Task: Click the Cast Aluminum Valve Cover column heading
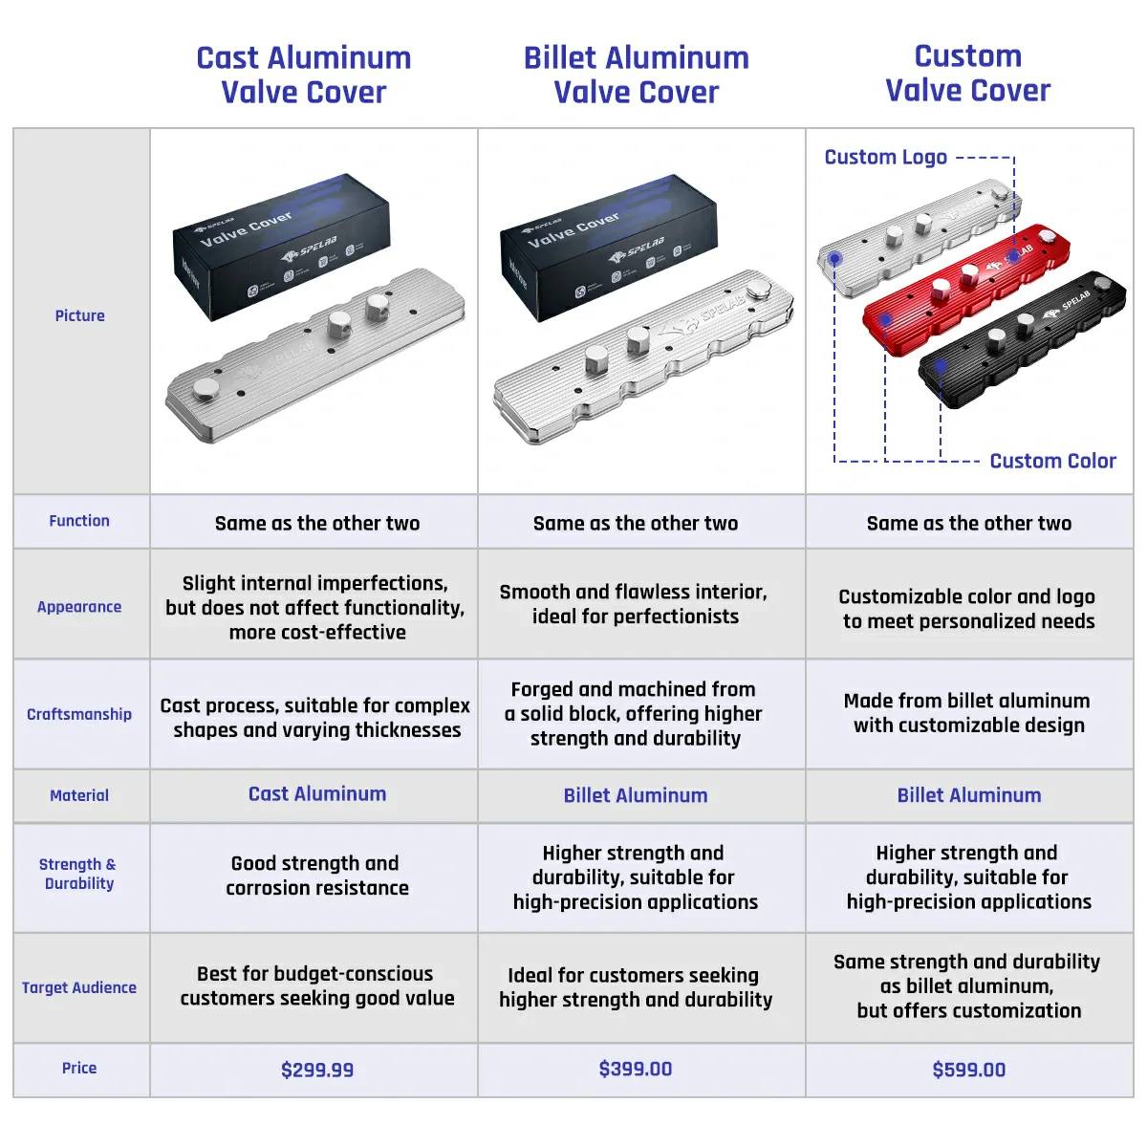pos(304,75)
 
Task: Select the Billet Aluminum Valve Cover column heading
pos(636,75)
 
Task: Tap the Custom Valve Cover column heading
pos(967,73)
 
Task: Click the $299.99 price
pos(317,1070)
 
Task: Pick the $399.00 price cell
pos(636,1069)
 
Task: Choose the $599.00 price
pos(968,1070)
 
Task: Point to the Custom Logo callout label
pos(886,157)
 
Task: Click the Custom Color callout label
pos(1052,461)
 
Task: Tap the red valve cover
pos(965,287)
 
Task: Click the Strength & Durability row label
pos(79,874)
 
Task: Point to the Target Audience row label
pos(79,987)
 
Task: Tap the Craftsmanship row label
pos(79,714)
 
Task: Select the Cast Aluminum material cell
pos(317,793)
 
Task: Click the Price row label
pos(79,1068)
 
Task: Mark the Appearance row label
pos(79,607)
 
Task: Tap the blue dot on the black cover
pos(941,365)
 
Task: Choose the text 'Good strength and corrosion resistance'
pos(316,876)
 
